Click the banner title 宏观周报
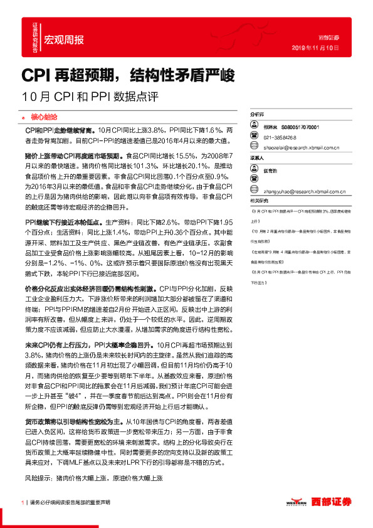click(63, 39)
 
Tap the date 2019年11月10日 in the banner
click(316, 47)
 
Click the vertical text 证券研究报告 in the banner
click(35, 36)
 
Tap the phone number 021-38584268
click(280, 137)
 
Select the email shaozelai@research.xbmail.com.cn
click(302, 148)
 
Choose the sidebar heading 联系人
click(258, 159)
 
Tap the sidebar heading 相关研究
click(259, 200)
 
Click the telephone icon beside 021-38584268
click(254, 137)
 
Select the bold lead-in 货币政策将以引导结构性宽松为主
click(75, 422)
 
